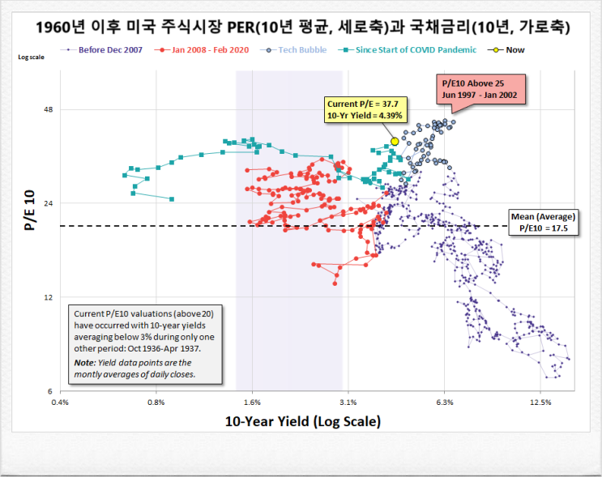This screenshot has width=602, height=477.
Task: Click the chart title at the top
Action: pyautogui.click(x=301, y=28)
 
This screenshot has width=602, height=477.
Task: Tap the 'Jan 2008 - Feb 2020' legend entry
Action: pyautogui.click(x=205, y=50)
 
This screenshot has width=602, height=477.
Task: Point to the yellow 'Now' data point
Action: pyautogui.click(x=395, y=141)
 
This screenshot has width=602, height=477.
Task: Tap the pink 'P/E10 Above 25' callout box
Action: pyautogui.click(x=483, y=89)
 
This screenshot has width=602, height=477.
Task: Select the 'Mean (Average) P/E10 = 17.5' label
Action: pyautogui.click(x=542, y=222)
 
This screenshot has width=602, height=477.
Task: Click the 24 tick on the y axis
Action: pyautogui.click(x=47, y=203)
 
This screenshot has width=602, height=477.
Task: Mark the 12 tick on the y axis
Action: pyautogui.click(x=47, y=297)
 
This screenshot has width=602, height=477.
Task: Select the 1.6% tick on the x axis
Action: pyautogui.click(x=252, y=402)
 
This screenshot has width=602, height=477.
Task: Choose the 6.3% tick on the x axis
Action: pyautogui.click(x=444, y=402)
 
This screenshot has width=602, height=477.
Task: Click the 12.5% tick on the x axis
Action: pyautogui.click(x=540, y=402)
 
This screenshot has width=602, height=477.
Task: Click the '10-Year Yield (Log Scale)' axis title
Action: pyautogui.click(x=302, y=421)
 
